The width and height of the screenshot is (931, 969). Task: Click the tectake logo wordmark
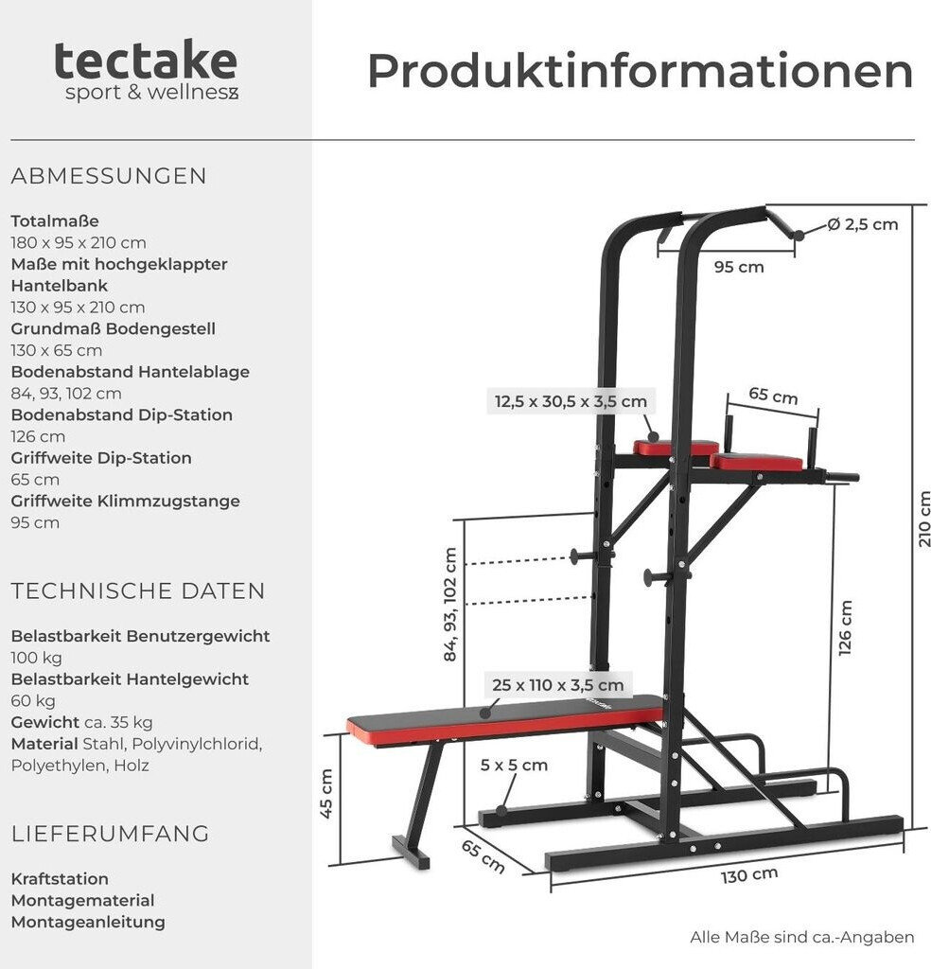coord(145,61)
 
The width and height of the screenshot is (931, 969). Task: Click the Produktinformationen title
coord(640,72)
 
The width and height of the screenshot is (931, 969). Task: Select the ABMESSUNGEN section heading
coord(109,176)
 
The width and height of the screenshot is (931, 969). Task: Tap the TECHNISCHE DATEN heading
coord(138,591)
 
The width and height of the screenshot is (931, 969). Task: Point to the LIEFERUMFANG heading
coord(110,834)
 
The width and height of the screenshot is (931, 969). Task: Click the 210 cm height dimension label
coord(923,519)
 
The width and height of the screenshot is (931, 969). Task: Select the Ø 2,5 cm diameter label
coord(862,224)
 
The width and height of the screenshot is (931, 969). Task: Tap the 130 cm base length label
coord(748,875)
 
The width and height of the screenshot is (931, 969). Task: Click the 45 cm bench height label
coord(326,793)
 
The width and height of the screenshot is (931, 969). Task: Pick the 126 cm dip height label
coord(845,627)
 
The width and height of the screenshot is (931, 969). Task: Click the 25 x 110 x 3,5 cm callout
coord(557,685)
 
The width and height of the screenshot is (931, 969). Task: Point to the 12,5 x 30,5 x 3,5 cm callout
coord(571,401)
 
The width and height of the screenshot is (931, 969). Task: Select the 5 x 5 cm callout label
coord(514,765)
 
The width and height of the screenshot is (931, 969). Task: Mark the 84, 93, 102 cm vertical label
coord(450,605)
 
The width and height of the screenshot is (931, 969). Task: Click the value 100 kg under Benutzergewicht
coord(37,658)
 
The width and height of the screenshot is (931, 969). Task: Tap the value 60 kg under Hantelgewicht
coord(33,701)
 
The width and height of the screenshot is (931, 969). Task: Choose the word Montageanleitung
coord(88,922)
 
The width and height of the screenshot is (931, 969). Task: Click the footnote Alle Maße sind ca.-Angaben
coord(801,938)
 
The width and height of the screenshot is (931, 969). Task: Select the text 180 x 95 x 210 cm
coord(79,243)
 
